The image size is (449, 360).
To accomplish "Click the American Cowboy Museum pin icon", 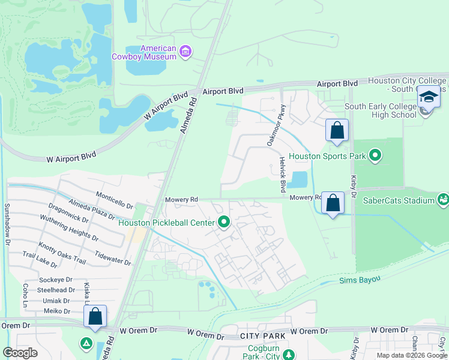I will click(x=185, y=52).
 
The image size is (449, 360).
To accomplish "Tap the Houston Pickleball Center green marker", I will click(x=224, y=223).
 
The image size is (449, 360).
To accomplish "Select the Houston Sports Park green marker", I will click(x=375, y=156).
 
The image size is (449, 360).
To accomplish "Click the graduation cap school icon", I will click(x=429, y=97).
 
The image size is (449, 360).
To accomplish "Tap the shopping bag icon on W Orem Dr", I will click(x=95, y=316).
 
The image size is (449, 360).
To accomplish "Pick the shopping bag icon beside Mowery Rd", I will click(x=333, y=203).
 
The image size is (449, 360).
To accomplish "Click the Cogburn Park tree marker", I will click(x=289, y=355).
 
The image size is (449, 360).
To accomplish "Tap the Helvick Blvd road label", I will click(x=282, y=175).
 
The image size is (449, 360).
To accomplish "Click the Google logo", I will click(x=20, y=353).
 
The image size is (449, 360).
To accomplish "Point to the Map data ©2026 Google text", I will click(x=411, y=355).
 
